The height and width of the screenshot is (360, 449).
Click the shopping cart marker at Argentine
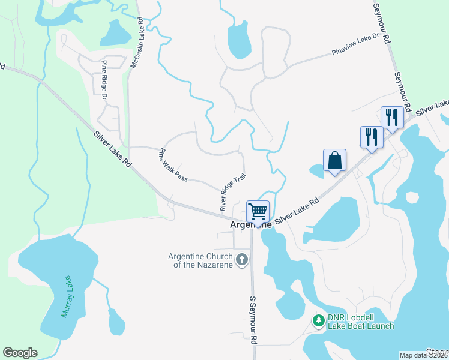258,211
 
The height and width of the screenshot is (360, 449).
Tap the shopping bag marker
334,160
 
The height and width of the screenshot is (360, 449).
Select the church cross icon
242,260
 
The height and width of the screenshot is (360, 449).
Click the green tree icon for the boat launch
318,322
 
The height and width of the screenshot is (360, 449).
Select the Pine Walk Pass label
173,165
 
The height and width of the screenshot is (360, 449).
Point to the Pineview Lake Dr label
356,45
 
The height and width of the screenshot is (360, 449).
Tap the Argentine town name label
252,224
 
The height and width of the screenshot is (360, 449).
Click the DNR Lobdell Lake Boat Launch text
360,322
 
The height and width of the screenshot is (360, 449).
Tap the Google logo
20,353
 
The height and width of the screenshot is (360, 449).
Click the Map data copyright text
423,355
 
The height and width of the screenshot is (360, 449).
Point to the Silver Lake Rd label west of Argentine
112,149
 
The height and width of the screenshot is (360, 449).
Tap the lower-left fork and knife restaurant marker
372,137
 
